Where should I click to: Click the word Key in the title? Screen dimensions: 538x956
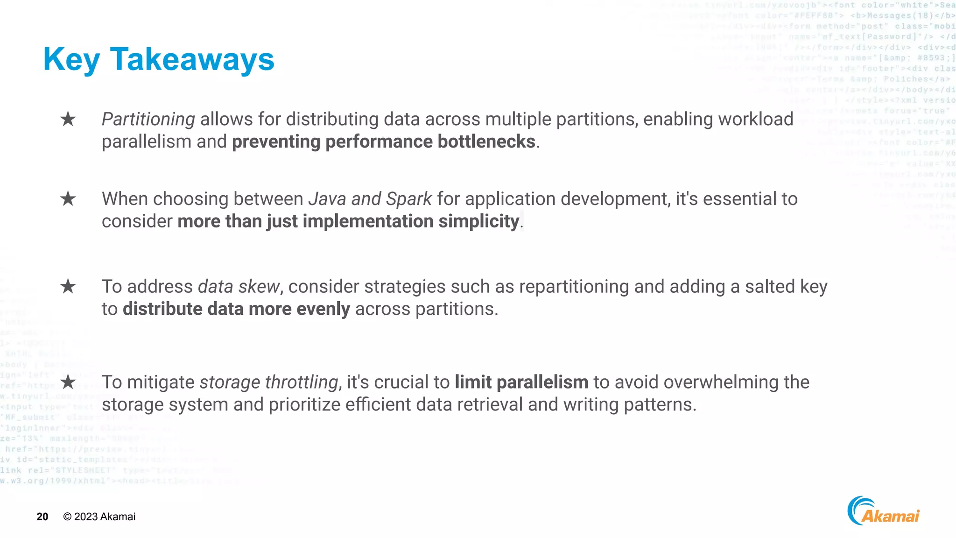click(71, 60)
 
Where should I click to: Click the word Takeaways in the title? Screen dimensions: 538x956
click(192, 60)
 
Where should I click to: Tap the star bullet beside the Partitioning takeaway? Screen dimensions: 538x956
click(68, 119)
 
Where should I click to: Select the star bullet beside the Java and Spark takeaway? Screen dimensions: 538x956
click(68, 199)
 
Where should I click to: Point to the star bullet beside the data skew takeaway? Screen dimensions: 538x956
click(68, 286)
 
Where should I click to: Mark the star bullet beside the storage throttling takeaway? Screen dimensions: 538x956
click(68, 382)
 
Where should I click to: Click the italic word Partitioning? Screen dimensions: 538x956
click(148, 120)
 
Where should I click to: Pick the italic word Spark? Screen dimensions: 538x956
click(409, 199)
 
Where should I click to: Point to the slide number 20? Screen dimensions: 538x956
click(42, 517)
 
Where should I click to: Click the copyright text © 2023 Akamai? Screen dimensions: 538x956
click(99, 517)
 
